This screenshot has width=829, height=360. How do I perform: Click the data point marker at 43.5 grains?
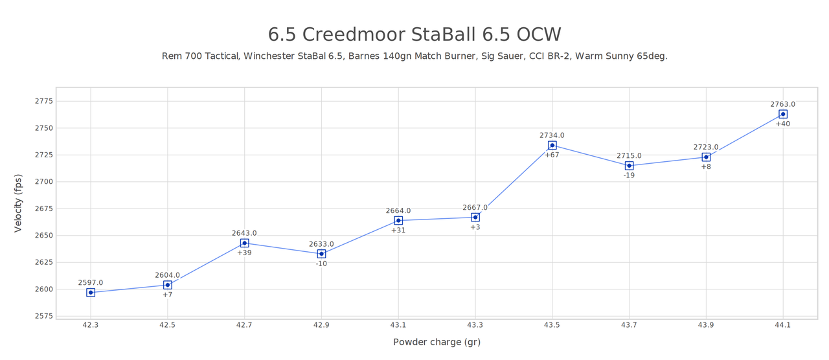point(552,146)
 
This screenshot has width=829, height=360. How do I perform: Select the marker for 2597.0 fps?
point(91,293)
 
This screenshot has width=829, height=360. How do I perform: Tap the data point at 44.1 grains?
point(782,115)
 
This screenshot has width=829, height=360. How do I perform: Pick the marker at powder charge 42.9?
point(321,254)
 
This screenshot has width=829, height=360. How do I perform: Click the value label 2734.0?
point(552,135)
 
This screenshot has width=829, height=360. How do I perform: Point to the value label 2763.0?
point(782,104)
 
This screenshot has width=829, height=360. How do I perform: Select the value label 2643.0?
point(244,233)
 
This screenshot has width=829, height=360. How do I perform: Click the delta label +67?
point(552,155)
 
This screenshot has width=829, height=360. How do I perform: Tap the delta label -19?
point(629,175)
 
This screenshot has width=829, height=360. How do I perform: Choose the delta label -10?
point(321,264)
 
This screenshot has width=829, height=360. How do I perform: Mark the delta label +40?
point(782,124)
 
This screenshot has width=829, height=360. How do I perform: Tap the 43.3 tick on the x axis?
point(475,325)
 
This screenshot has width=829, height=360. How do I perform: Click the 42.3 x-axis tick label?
point(91,325)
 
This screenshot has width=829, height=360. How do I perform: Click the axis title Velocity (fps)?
point(18,203)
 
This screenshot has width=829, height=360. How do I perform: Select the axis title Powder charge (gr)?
point(437,343)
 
